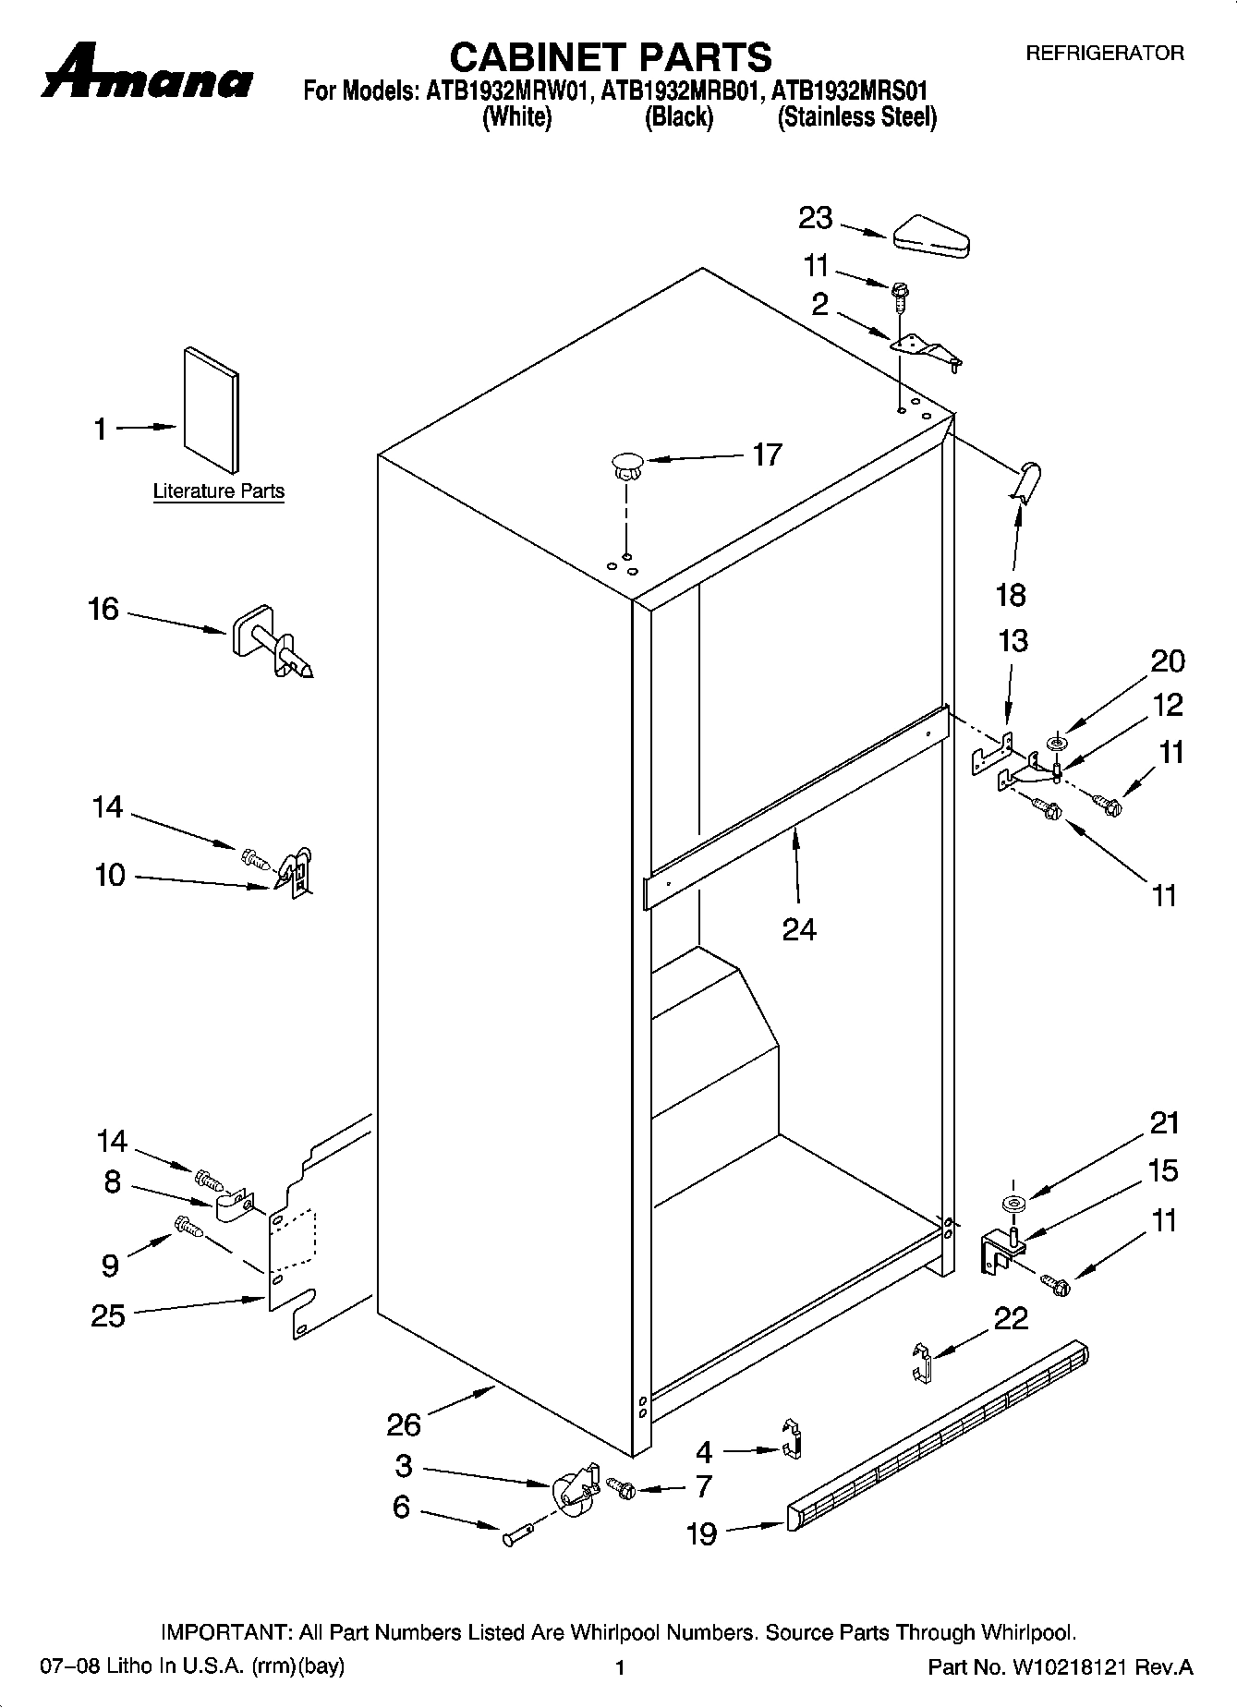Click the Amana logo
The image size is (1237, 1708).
point(146,72)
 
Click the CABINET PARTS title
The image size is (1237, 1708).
point(610,57)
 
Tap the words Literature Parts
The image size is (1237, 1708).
point(219,491)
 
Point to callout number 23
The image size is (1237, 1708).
point(816,219)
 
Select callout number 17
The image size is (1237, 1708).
point(767,454)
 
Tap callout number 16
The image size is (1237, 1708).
point(103,610)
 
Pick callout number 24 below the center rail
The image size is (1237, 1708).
point(799,928)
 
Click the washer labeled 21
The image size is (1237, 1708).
point(1013,1204)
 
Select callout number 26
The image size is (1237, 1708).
point(404,1425)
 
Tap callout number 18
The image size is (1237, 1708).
point(1011,595)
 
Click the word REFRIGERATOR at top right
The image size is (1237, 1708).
point(1105,54)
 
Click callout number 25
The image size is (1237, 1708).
point(108,1316)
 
